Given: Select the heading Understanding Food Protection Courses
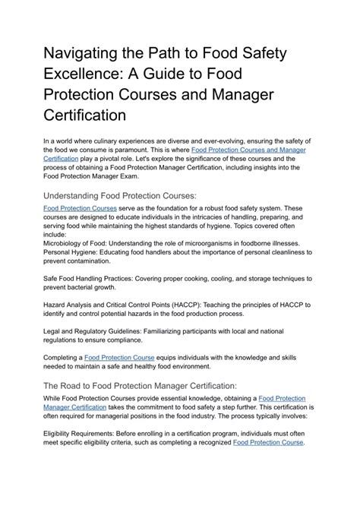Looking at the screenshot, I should click(120, 195).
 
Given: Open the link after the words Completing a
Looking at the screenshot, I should click(119, 356).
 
